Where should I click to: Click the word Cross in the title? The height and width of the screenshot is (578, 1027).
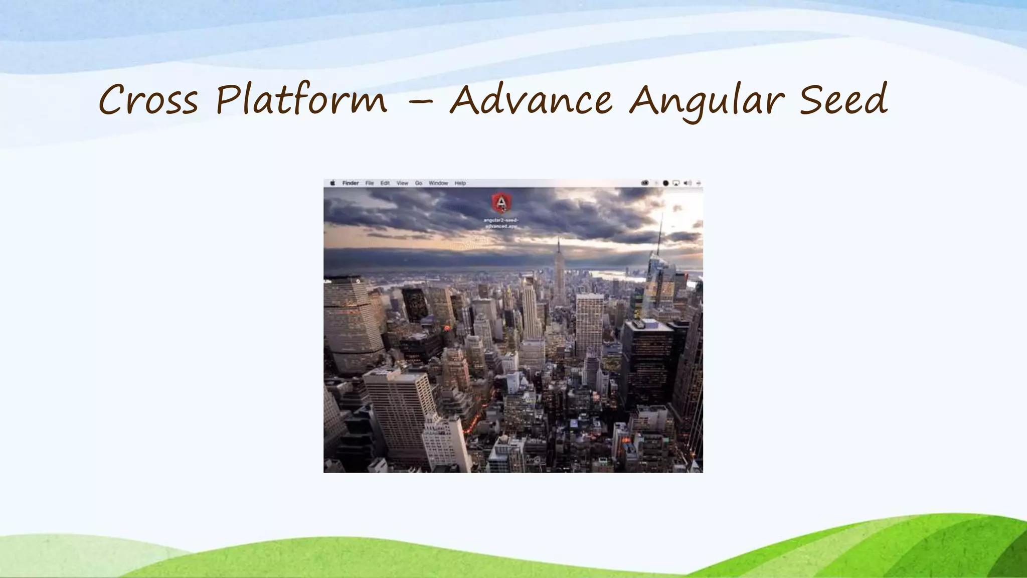coord(148,99)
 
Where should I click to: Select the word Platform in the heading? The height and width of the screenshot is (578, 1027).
coord(301,99)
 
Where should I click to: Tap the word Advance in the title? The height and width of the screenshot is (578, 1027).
coord(531,99)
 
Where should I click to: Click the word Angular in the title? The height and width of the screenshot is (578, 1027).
coord(706,100)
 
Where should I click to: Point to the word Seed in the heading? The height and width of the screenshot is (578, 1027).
coord(842,99)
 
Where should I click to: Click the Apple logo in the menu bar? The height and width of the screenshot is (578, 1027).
coord(332,183)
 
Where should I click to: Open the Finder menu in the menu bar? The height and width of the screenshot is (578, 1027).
coord(351,183)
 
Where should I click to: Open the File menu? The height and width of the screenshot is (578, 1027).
coord(370,183)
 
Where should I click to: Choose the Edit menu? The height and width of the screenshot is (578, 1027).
coord(385,183)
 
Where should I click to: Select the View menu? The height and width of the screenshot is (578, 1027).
coord(402,183)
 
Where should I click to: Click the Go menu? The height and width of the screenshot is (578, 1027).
coord(418,183)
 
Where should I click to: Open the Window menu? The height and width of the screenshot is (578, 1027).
coord(438,183)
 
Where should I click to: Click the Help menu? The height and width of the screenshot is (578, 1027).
coord(460,183)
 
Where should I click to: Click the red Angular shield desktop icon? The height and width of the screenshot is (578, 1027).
coord(501,203)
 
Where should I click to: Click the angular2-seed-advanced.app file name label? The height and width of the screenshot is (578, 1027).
coord(501,223)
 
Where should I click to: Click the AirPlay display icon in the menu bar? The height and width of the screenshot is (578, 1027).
coord(676,183)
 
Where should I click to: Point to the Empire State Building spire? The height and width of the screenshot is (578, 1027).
coord(559,246)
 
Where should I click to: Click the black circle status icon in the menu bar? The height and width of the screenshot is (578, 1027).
coord(665,183)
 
